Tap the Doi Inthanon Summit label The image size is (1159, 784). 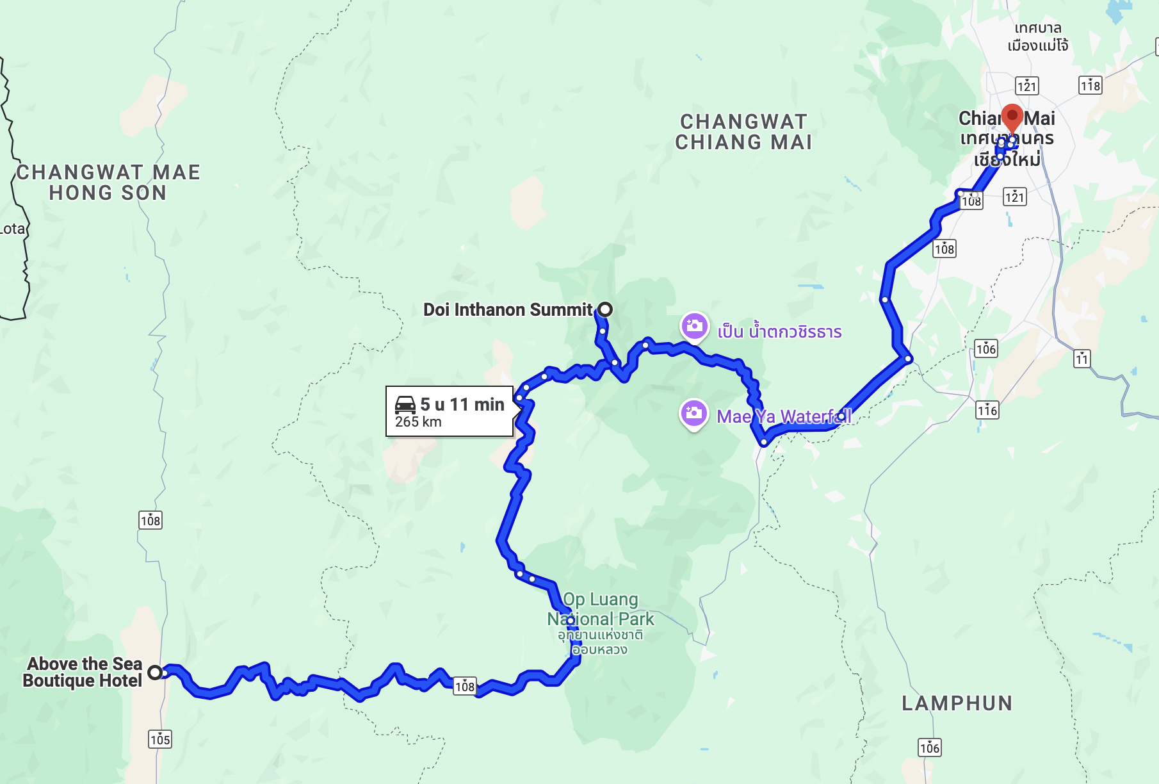(508, 310)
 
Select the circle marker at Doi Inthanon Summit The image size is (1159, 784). (605, 310)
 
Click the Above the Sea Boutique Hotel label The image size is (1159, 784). (83, 672)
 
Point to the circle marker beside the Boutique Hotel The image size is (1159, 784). (155, 673)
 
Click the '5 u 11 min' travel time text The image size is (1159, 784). (462, 404)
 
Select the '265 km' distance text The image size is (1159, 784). (418, 422)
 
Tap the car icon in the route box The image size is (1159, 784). (405, 405)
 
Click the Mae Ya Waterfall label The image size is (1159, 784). (784, 417)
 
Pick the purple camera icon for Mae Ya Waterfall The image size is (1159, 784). (693, 413)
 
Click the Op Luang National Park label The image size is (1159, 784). (601, 609)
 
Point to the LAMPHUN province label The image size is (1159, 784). (957, 703)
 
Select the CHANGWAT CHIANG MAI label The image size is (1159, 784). (743, 132)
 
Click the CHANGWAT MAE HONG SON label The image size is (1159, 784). (108, 183)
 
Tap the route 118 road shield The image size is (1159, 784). (1090, 85)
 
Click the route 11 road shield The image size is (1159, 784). (1082, 359)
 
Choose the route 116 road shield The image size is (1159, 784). (987, 410)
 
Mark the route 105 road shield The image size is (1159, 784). (159, 740)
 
